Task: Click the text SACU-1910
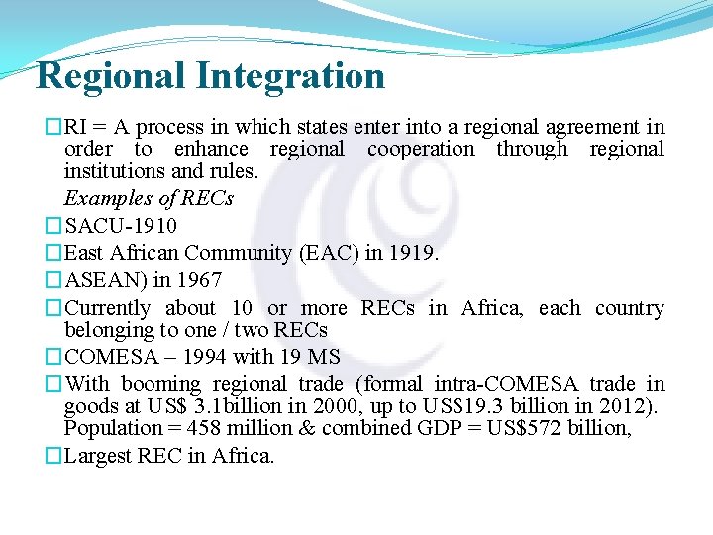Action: (x=121, y=227)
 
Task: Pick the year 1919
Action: (x=414, y=254)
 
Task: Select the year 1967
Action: (x=198, y=280)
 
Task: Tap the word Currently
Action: (x=108, y=308)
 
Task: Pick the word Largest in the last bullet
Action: (x=99, y=456)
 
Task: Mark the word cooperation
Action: (x=421, y=150)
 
